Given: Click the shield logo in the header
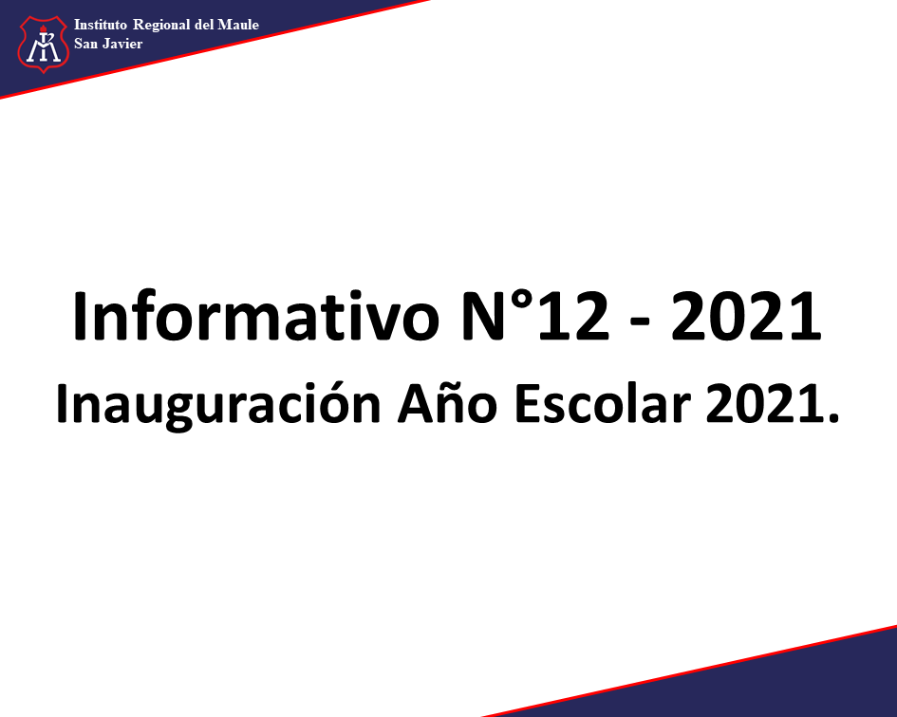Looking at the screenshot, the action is click(x=43, y=44).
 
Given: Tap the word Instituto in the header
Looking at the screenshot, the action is click(x=100, y=25).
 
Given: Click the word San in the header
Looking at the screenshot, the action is click(x=85, y=44).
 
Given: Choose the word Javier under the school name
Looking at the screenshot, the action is click(x=122, y=44).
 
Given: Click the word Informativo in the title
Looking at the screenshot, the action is click(x=255, y=316).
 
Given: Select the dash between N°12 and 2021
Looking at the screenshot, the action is click(x=640, y=323).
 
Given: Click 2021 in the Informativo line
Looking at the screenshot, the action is click(x=746, y=316).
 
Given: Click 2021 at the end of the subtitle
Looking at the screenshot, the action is click(x=765, y=402).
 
